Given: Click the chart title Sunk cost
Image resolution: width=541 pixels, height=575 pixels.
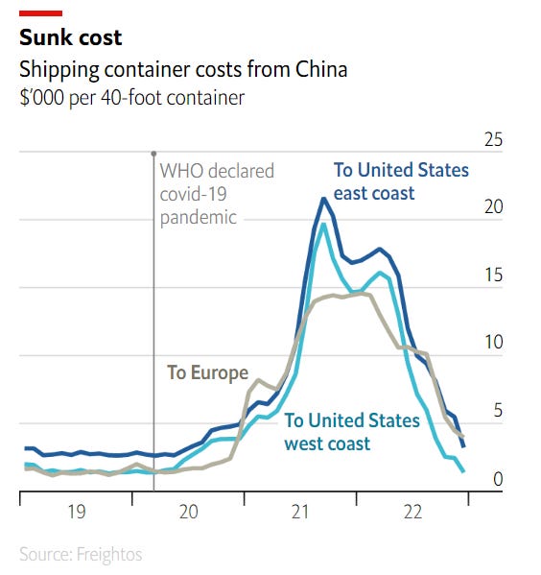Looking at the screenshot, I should click(x=70, y=37).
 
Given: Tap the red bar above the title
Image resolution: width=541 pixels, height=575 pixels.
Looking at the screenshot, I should click(x=40, y=12).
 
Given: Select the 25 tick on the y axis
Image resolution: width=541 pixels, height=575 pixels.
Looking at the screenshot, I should click(x=493, y=140).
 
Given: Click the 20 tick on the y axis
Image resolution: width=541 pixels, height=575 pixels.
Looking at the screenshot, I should click(x=493, y=207).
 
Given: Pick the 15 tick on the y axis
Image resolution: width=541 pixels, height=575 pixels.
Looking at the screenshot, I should click(x=493, y=276).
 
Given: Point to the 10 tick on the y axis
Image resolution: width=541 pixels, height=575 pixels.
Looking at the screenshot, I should click(x=493, y=343).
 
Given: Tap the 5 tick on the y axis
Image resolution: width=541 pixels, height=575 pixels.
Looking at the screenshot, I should click(x=497, y=411).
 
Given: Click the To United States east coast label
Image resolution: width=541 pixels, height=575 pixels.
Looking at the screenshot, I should click(x=401, y=181).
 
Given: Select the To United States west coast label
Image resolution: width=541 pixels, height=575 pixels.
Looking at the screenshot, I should click(x=351, y=432).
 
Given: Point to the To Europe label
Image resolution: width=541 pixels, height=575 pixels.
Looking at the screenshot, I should click(x=207, y=372).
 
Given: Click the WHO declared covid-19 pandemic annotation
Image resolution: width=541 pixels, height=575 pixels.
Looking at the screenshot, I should click(x=216, y=194).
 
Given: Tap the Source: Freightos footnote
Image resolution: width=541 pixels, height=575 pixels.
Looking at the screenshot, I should click(x=80, y=554).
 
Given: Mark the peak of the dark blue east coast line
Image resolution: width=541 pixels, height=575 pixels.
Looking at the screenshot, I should click(x=324, y=199).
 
